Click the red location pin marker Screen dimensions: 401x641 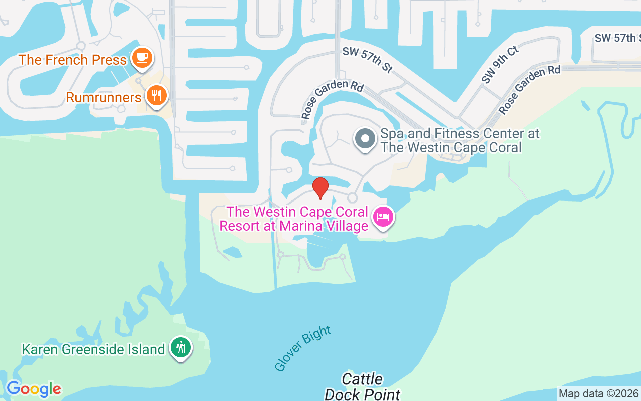click(320, 187)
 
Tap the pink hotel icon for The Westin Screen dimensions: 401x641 click(383, 217)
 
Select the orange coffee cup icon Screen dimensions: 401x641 click(142, 58)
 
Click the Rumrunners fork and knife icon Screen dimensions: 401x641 click(157, 95)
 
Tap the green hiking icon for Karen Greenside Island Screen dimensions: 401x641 click(180, 347)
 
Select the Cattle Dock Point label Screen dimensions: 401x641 click(363, 386)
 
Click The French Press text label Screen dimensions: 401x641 click(73, 60)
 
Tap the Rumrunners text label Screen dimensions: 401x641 click(104, 97)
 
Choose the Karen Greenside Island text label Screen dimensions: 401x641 click(93, 349)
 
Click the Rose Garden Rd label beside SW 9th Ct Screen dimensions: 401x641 click(529, 90)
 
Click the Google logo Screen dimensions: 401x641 click(34, 388)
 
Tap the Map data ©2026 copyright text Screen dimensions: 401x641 click(598, 393)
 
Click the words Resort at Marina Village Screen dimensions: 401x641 click(294, 226)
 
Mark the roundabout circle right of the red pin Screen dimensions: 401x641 click(352, 197)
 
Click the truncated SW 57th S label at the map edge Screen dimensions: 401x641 click(617, 38)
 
